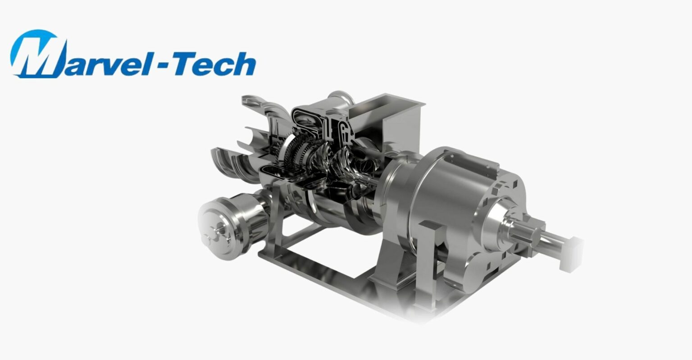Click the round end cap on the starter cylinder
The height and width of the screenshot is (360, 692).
[215, 229]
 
